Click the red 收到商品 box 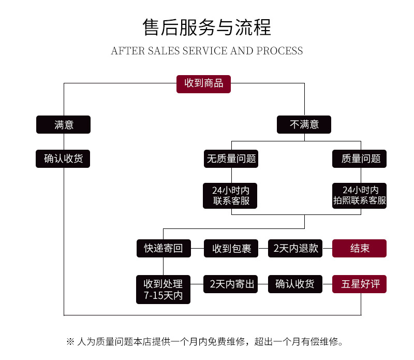(203, 83)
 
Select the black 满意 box (63, 124)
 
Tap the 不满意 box (304, 124)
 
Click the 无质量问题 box (231, 159)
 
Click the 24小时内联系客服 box (231, 195)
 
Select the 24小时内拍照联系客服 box (360, 195)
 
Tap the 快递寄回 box (163, 249)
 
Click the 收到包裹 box (231, 249)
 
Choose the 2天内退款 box (295, 249)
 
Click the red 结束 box (360, 249)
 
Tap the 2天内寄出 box (231, 284)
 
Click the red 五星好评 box (360, 284)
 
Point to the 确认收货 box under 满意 (63, 159)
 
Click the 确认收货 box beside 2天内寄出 (295, 284)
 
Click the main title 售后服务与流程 (207, 27)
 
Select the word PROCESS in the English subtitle (279, 51)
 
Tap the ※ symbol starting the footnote (70, 342)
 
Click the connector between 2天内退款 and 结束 (328, 249)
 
